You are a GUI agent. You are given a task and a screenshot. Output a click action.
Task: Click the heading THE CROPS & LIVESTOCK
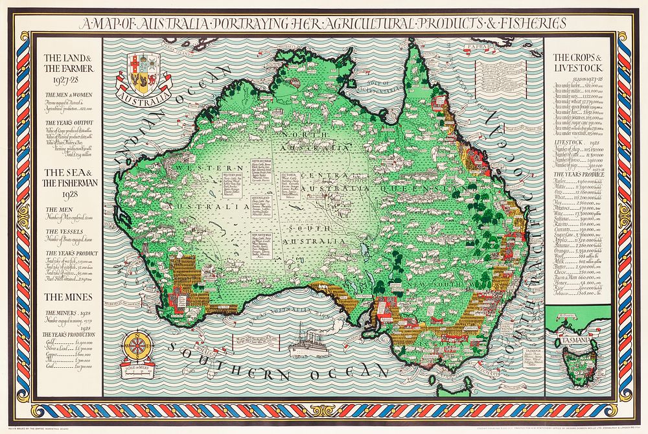[x=577, y=62]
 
